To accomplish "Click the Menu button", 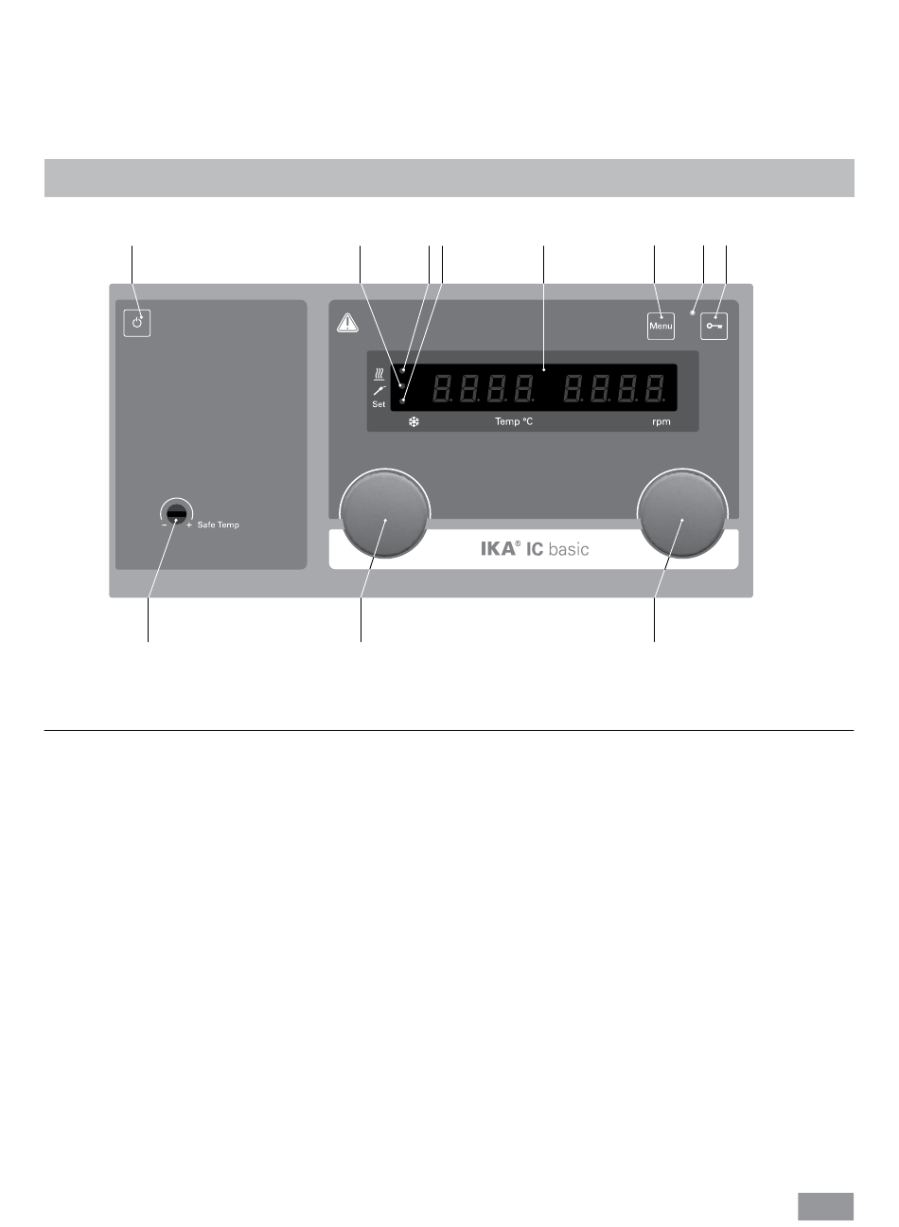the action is pyautogui.click(x=661, y=326).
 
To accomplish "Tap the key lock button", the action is pyautogui.click(x=714, y=326).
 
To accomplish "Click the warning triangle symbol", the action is pyautogui.click(x=348, y=324).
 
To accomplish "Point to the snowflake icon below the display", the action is pyautogui.click(x=414, y=422).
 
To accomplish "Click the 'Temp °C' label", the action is pyautogui.click(x=514, y=422).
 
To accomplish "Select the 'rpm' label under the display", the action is pyautogui.click(x=661, y=422).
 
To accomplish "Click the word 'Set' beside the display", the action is pyautogui.click(x=379, y=404).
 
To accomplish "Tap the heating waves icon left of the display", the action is pyautogui.click(x=379, y=373).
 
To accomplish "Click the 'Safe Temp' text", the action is pyautogui.click(x=219, y=525).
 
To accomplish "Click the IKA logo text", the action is pyautogui.click(x=501, y=549).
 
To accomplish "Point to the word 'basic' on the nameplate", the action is pyautogui.click(x=568, y=549).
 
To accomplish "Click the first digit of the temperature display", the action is pyautogui.click(x=442, y=388).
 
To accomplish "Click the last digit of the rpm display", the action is pyautogui.click(x=654, y=388).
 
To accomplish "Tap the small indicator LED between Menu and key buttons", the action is pyautogui.click(x=693, y=312).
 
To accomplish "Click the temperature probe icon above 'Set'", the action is pyautogui.click(x=379, y=389).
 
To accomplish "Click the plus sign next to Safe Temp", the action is pyautogui.click(x=189, y=525).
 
